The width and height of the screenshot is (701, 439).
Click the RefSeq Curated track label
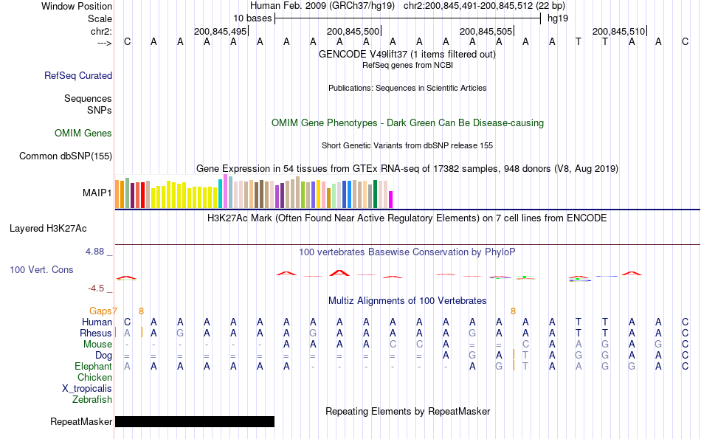point(78,75)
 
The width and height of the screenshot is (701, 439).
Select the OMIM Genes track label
point(83,134)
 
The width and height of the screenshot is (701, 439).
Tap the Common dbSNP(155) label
point(66,156)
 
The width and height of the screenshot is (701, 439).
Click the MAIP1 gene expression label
point(97,193)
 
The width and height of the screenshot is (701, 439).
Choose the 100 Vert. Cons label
point(41,270)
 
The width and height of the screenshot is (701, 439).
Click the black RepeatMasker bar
point(194,421)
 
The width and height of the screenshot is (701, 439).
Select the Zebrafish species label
point(92,399)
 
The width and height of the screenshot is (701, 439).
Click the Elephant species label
point(93,366)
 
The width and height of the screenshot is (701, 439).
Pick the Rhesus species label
point(96,333)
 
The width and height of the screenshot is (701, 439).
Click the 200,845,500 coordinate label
point(353,31)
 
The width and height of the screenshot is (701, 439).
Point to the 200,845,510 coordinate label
point(618,31)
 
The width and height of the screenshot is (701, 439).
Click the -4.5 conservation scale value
point(97,288)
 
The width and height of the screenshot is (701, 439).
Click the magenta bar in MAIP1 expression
point(391,199)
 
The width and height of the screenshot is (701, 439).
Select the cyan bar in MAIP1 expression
point(220,193)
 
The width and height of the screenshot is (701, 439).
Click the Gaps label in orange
point(101,311)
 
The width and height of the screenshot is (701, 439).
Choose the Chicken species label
point(94,377)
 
